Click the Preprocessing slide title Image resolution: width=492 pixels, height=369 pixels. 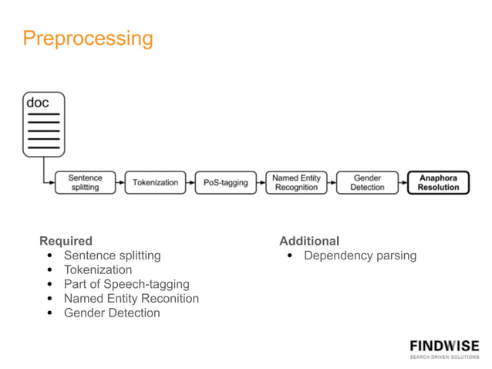pos(88,38)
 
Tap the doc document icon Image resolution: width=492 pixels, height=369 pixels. pos(43,124)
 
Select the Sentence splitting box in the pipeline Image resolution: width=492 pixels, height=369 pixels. pos(85,182)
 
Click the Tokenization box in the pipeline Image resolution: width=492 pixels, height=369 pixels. pos(155,182)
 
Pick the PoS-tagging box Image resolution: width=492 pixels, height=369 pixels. pos(225,182)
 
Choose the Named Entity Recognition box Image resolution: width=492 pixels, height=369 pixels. pos(296,182)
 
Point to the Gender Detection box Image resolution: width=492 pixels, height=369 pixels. pos(367,182)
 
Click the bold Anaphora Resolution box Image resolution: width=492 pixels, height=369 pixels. pos(438,182)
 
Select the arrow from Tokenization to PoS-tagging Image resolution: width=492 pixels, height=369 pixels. pos(190,182)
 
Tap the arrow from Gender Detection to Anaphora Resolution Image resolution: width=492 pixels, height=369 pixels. pos(403,182)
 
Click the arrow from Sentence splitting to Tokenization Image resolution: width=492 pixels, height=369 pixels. pos(120,182)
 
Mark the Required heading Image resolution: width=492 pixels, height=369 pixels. pos(66,241)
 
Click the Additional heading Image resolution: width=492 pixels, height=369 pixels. pos(309,241)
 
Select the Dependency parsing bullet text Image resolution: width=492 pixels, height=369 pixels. pos(360,256)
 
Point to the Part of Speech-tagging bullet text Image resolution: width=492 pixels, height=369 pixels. pos(126,284)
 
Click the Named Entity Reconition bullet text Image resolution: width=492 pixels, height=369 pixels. pos(131,299)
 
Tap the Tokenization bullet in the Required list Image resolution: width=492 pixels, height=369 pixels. pos(98,270)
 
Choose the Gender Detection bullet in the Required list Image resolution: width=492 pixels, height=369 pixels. pos(112,313)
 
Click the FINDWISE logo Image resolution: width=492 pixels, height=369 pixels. pos(443,348)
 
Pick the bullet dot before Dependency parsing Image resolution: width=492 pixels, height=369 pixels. pos(289,256)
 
